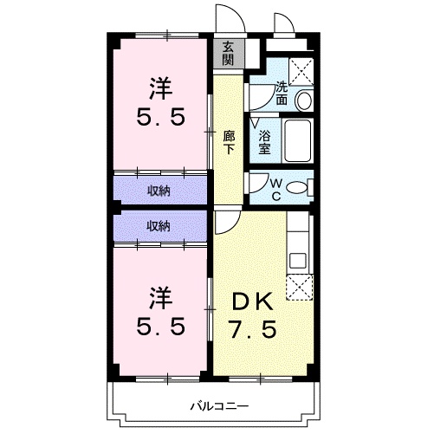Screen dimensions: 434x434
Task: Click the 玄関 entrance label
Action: [228, 54]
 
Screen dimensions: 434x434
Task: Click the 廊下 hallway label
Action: [229, 141]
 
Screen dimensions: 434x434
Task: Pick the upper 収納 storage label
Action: [158, 190]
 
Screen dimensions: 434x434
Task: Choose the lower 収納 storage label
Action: [158, 225]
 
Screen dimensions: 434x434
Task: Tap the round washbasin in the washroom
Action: [303, 100]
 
